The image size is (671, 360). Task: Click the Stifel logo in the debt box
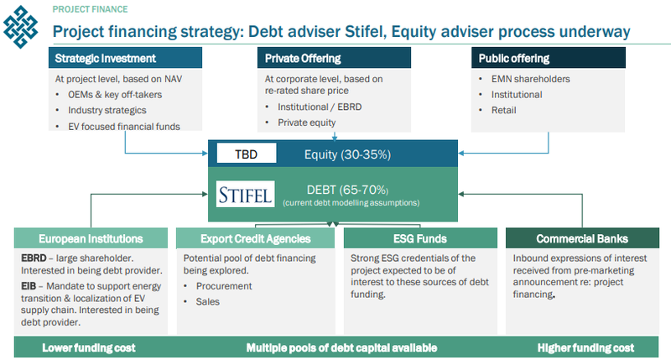click(245, 194)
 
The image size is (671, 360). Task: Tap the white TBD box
click(247, 154)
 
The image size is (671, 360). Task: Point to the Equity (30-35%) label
click(347, 154)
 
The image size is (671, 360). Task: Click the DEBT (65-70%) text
click(347, 190)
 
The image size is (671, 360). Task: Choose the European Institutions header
click(91, 238)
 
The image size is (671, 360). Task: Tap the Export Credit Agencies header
click(256, 238)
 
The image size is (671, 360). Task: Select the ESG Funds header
click(420, 238)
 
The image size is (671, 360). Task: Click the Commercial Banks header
click(582, 238)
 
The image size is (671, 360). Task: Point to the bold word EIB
click(29, 286)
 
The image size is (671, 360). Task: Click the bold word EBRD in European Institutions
click(34, 258)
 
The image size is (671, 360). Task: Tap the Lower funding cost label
click(89, 347)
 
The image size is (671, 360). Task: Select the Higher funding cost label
click(585, 347)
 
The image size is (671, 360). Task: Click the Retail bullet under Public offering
click(504, 110)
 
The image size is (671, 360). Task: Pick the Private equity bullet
click(306, 123)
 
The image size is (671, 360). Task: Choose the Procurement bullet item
click(224, 286)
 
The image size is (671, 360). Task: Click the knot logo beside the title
click(20, 27)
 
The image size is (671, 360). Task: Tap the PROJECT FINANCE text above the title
click(91, 9)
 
